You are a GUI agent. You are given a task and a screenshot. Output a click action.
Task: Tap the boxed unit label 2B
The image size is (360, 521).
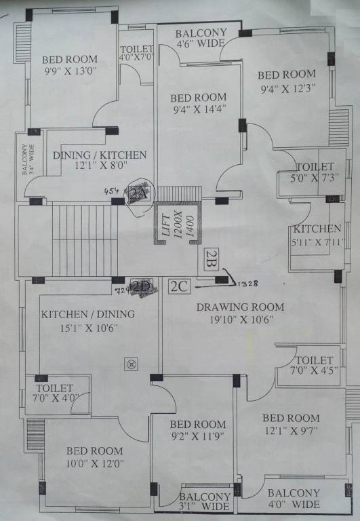pos(210,257)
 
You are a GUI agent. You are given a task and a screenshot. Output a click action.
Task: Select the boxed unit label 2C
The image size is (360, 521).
pos(178,286)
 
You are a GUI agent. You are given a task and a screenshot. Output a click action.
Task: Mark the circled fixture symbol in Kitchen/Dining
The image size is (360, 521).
pos(129,364)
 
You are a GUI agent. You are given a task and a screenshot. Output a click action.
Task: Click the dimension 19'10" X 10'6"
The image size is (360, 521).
pos(240,320)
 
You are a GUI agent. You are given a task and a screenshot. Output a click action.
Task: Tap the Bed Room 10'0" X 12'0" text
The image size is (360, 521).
pos(94,457)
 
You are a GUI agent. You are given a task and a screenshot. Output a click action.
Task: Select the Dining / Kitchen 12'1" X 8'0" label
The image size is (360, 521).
pos(99,161)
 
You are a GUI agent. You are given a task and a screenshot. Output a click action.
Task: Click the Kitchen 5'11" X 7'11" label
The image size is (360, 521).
pos(317,235)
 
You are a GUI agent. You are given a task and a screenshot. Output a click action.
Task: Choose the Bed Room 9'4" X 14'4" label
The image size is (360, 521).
pos(198,102)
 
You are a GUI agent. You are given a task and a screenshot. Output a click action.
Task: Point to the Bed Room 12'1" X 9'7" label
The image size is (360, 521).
pos(290,424)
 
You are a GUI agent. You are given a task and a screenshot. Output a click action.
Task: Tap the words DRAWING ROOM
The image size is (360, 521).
pos(240,307)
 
